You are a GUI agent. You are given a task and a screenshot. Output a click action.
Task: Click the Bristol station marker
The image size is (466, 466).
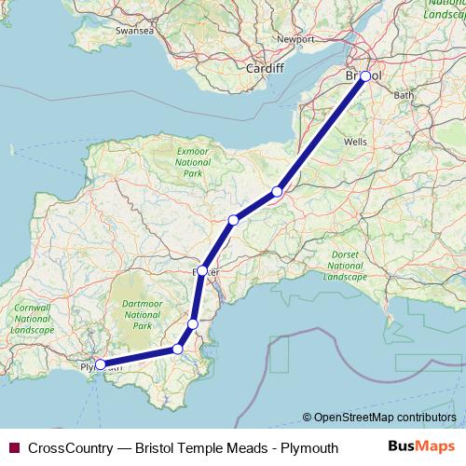pos(365,76)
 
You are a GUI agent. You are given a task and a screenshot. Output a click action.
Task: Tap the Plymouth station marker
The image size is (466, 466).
pos(101,365)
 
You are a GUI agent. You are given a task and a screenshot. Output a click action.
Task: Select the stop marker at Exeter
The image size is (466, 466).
pos(202,270)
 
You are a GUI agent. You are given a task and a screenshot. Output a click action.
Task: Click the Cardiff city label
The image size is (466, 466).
pos(264,68)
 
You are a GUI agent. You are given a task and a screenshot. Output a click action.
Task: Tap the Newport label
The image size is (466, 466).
pos(295,40)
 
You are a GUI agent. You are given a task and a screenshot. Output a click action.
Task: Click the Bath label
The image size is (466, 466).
pos(404,95)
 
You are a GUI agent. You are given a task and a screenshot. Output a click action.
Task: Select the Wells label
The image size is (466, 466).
pos(355,141)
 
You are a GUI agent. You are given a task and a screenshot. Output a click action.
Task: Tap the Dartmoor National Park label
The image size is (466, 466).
pos(142,314)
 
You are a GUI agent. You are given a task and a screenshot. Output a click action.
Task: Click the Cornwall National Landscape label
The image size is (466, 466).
pos(31,318)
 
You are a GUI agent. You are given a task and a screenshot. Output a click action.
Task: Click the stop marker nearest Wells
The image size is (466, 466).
pos(277,192)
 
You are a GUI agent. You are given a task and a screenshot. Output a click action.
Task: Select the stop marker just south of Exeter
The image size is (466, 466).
pos(193,323)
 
